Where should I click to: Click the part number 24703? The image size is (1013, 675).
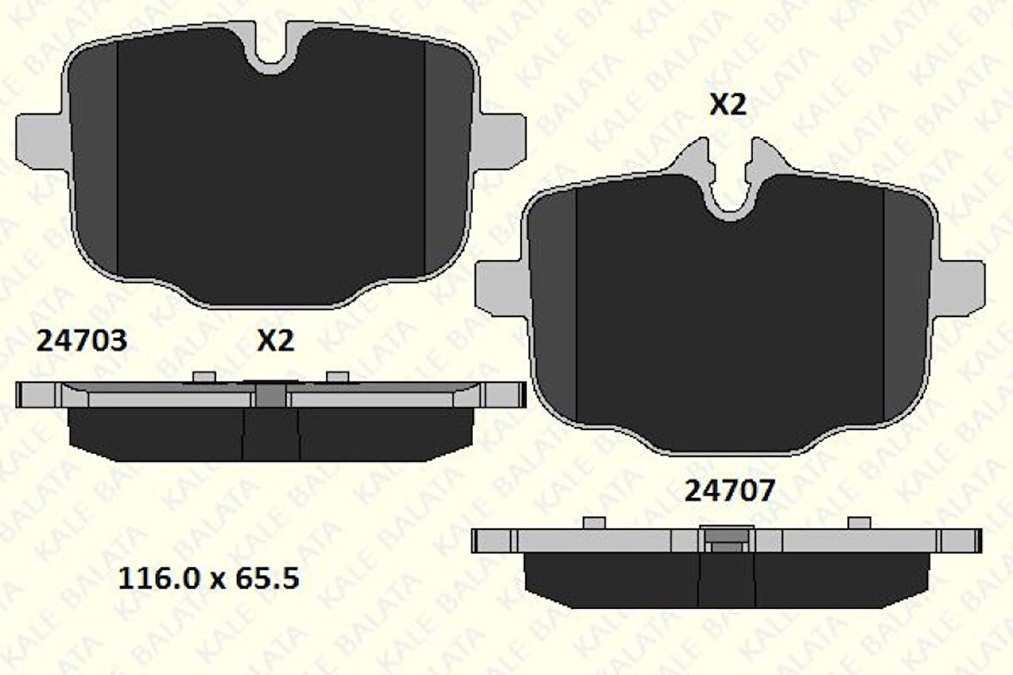pyautogui.click(x=82, y=342)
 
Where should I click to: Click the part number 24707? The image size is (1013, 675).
pyautogui.click(x=730, y=491)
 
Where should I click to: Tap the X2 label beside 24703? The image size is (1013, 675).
pyautogui.click(x=276, y=342)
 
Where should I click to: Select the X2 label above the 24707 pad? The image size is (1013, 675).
pyautogui.click(x=727, y=106)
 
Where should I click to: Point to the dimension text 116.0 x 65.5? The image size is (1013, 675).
pyautogui.click(x=208, y=579)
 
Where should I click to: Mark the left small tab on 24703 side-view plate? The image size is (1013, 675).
pyautogui.click(x=203, y=376)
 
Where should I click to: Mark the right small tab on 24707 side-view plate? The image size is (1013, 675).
pyautogui.click(x=859, y=522)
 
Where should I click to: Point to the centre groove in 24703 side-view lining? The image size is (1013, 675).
pyautogui.click(x=272, y=434)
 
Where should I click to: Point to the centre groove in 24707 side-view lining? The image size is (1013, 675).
pyautogui.click(x=727, y=580)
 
